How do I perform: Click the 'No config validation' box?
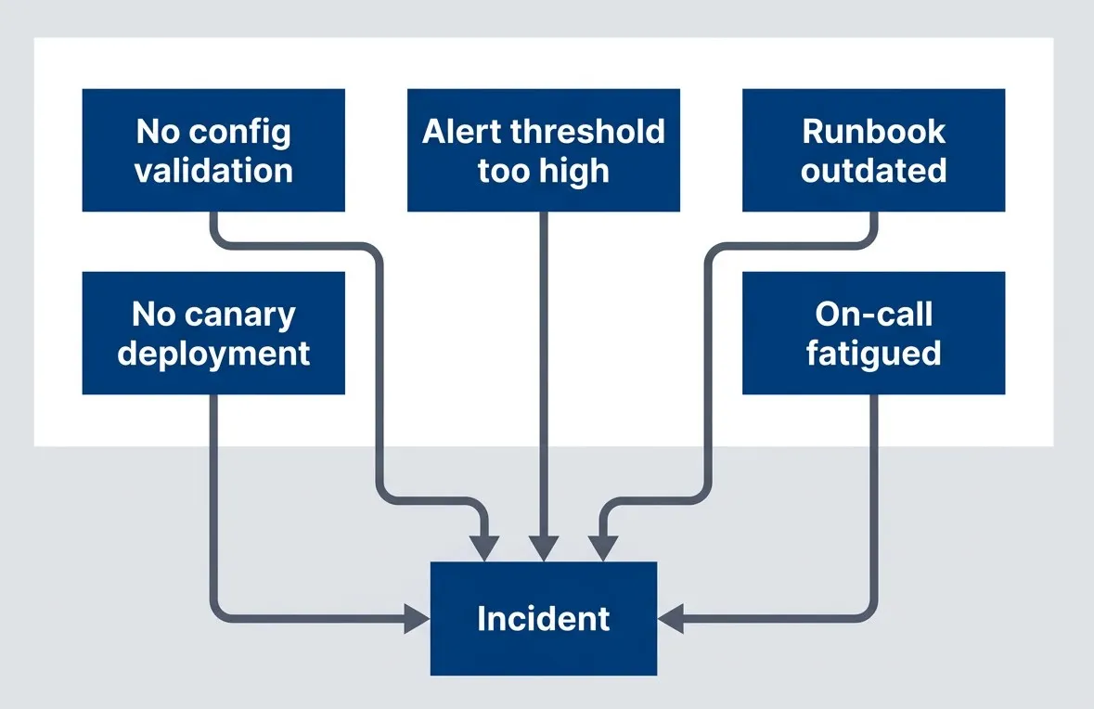pyautogui.click(x=213, y=150)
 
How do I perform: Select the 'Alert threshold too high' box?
pyautogui.click(x=543, y=150)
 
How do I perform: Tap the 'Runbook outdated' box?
pyautogui.click(x=873, y=150)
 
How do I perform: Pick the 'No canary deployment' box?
pyautogui.click(x=213, y=333)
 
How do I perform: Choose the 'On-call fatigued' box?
pyautogui.click(x=873, y=333)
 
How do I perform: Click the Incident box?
pyautogui.click(x=543, y=619)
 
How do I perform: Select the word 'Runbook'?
pyautogui.click(x=873, y=132)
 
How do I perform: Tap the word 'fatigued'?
pyautogui.click(x=873, y=354)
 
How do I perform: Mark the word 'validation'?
pyautogui.click(x=213, y=171)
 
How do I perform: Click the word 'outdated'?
pyautogui.click(x=873, y=171)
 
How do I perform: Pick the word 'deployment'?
pyautogui.click(x=213, y=354)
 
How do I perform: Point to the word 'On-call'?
pyautogui.click(x=873, y=315)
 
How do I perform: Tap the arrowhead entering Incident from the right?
pyautogui.click(x=669, y=619)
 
